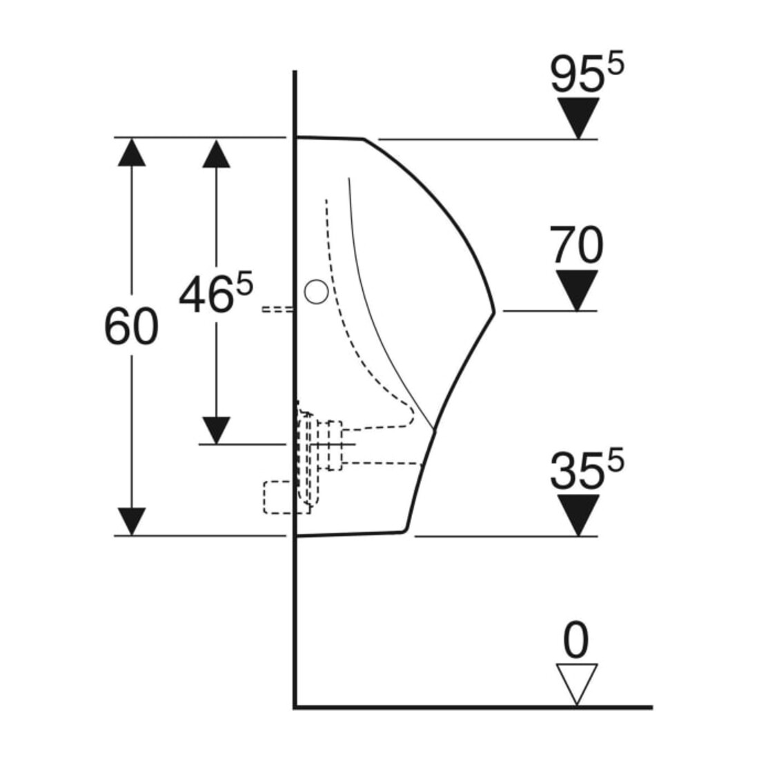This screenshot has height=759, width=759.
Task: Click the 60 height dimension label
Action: coord(131,327)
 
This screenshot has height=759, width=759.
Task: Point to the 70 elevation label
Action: coord(577,245)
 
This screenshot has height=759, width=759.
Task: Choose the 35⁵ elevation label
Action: coord(587,468)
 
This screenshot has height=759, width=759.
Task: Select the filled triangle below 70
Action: coord(577,290)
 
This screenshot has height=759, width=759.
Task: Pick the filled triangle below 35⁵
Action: coord(578,515)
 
